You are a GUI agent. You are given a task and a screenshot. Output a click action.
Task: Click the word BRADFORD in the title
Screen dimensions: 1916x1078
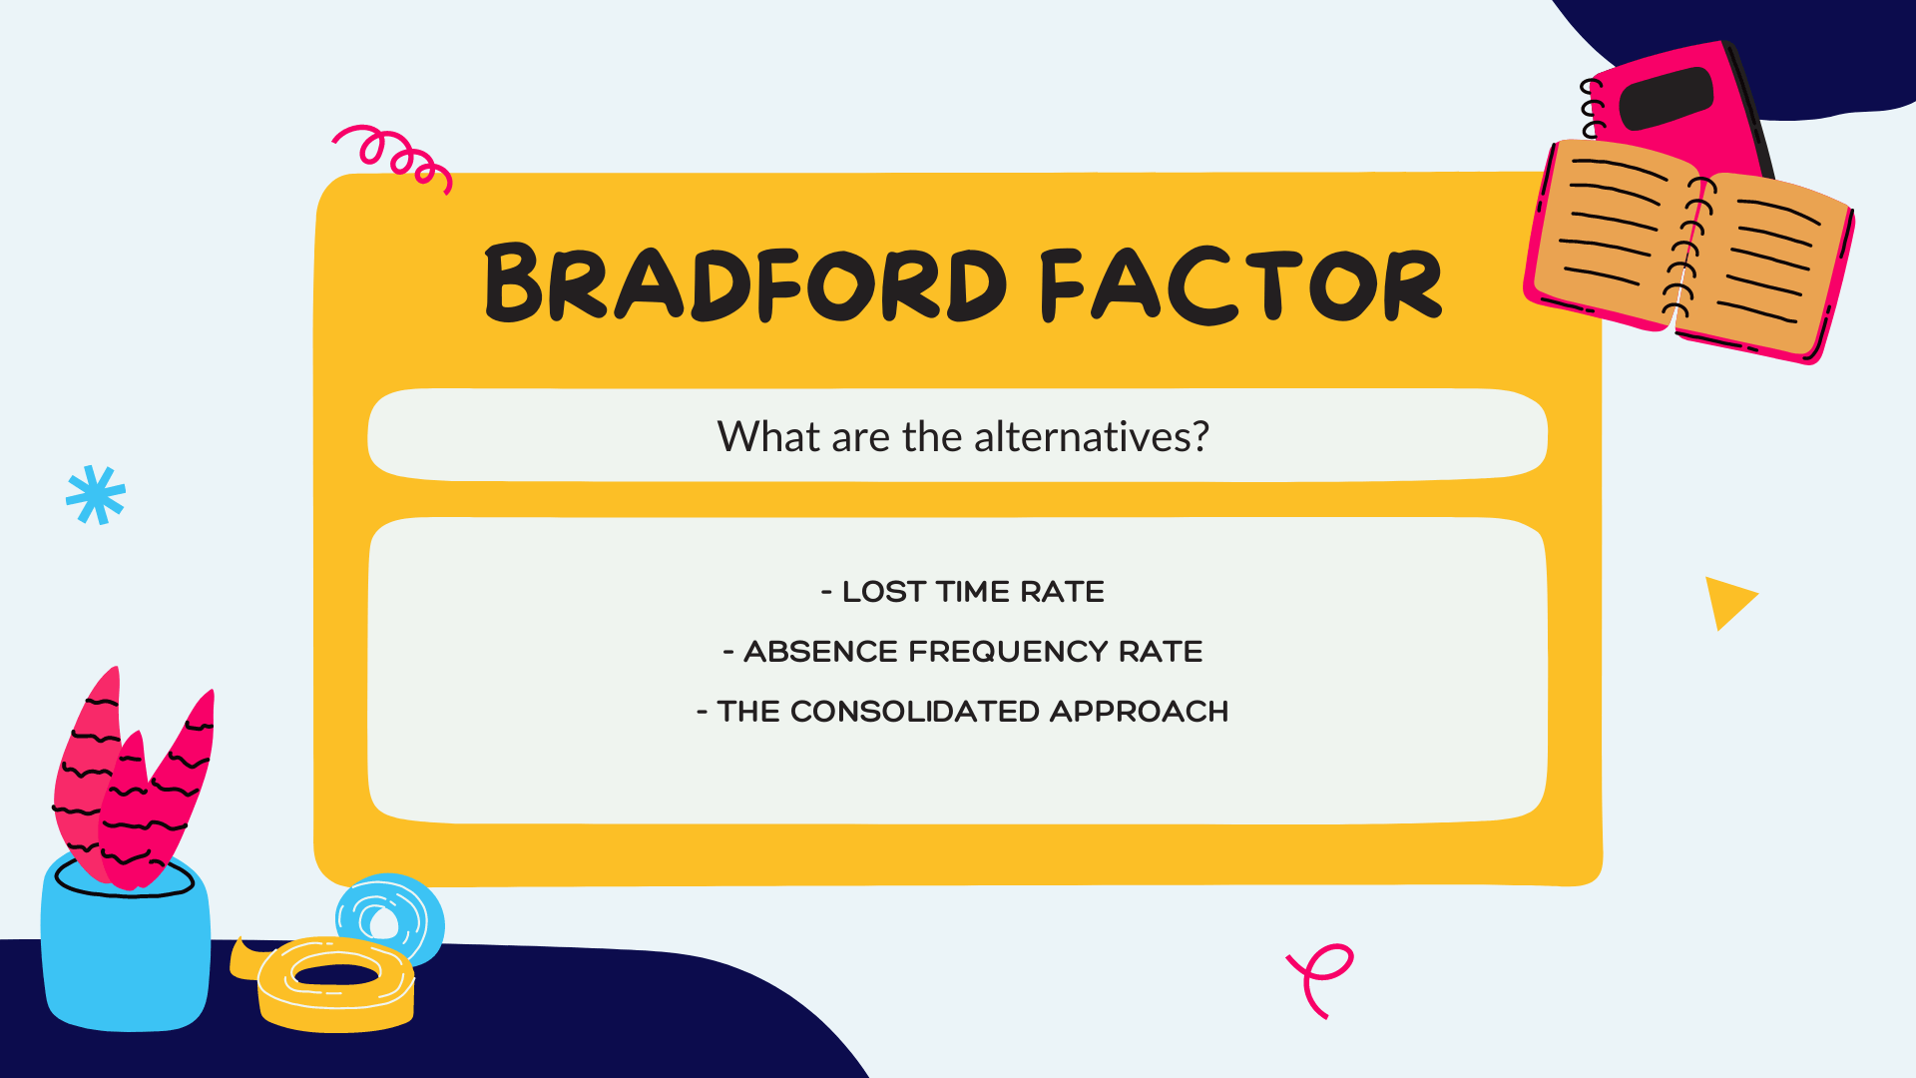click(x=744, y=283)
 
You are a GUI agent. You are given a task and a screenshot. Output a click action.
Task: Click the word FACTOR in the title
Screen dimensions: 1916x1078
click(x=1240, y=285)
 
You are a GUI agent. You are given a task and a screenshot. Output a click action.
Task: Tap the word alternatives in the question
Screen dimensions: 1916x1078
click(x=1083, y=437)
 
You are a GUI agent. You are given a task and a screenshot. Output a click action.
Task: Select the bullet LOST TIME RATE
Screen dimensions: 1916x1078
click(x=963, y=592)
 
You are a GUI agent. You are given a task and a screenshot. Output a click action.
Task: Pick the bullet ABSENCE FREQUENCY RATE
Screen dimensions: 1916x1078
click(x=963, y=652)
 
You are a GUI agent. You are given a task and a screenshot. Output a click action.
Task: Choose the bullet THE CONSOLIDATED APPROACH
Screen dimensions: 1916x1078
click(x=963, y=712)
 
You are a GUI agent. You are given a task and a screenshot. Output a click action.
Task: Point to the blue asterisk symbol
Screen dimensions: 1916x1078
click(x=96, y=495)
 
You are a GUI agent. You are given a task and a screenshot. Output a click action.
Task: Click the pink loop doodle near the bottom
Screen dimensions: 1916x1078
click(x=1322, y=976)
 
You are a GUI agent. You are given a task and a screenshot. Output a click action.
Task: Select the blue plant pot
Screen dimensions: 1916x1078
click(x=126, y=948)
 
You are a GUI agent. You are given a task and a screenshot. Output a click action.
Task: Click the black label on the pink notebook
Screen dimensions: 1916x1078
click(x=1667, y=99)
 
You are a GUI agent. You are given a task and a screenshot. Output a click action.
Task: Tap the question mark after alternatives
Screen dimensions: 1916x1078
click(x=1200, y=437)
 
